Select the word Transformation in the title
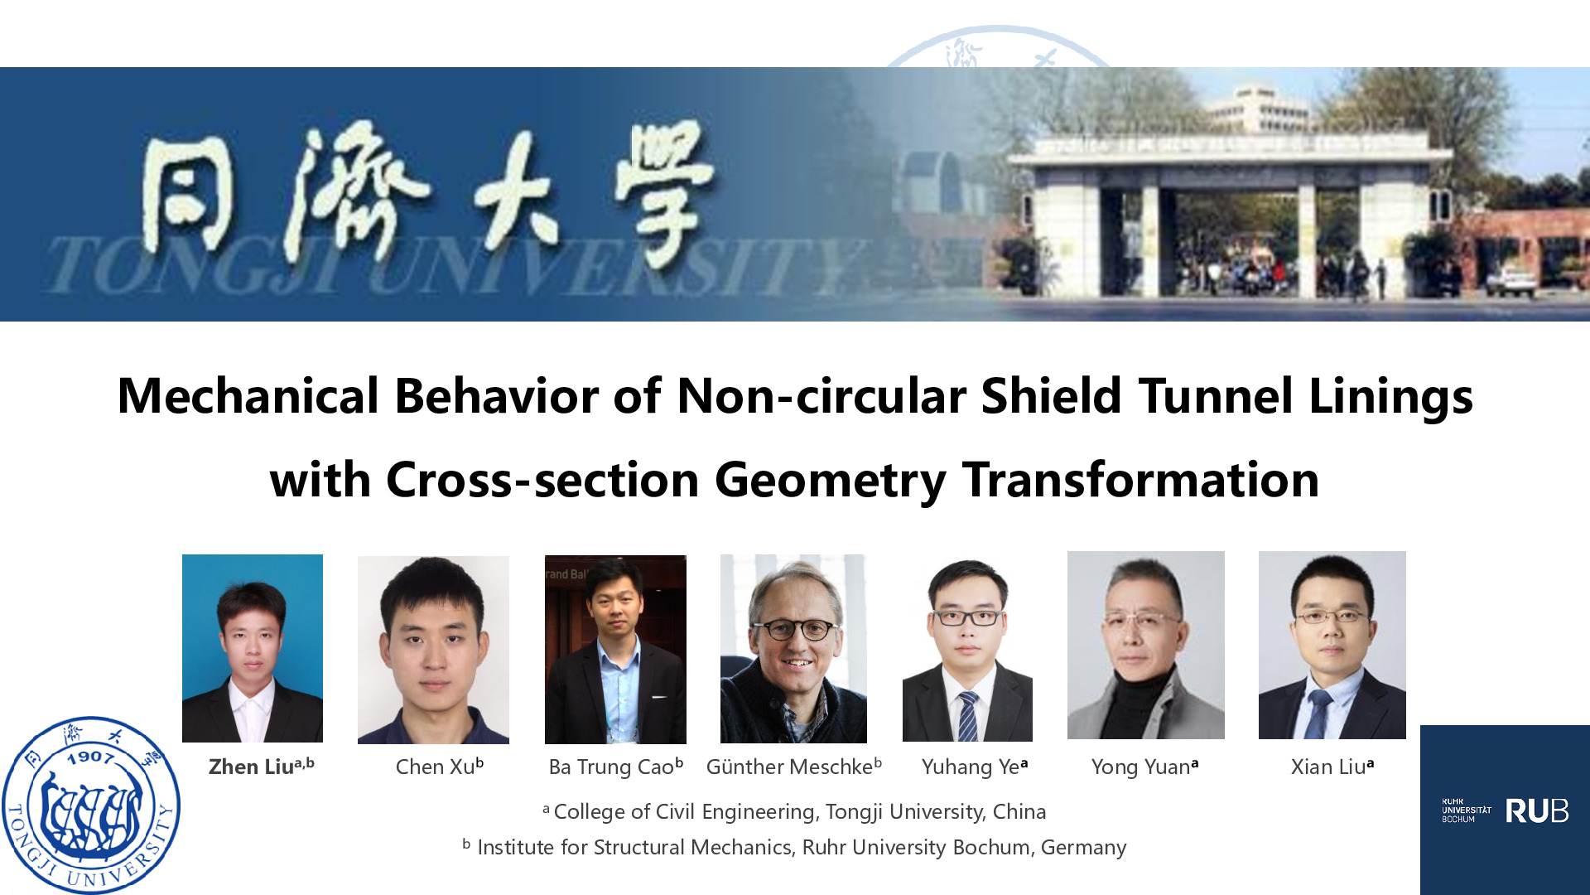1140,480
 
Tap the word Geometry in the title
830,481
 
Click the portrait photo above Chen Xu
433,650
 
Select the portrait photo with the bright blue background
253,648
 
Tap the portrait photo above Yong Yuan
1146,645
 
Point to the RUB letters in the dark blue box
1536,810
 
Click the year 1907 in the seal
90,757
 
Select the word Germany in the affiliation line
1083,848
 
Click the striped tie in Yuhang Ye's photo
967,717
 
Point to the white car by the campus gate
1511,282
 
